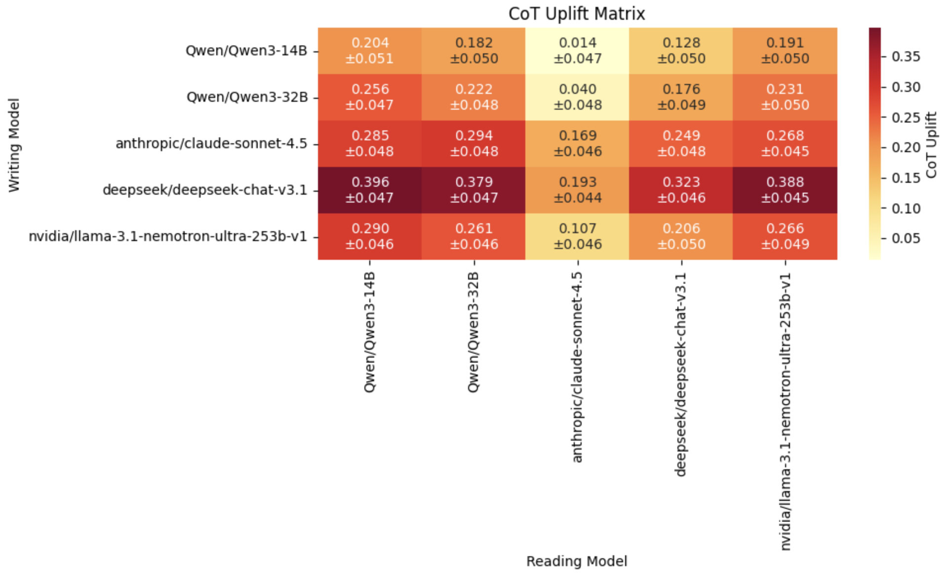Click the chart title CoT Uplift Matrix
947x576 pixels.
pos(577,13)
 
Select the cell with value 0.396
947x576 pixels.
pos(370,190)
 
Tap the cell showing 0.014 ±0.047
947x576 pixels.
pos(577,51)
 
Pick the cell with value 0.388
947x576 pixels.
pos(785,190)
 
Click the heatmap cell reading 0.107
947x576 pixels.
pos(577,236)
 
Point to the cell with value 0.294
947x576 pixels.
pos(473,143)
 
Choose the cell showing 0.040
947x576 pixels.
pos(577,97)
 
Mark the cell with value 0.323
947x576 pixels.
pos(681,190)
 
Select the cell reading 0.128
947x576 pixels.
pos(681,51)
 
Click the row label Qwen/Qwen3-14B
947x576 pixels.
pos(246,51)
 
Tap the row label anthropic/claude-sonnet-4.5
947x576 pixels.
pos(211,144)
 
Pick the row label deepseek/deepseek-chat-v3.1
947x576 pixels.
pos(205,190)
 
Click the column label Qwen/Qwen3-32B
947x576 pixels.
pos(473,332)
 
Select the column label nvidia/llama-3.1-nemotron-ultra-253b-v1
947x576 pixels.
pos(785,411)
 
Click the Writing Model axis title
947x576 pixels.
pos(14,145)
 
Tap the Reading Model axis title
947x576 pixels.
pos(577,561)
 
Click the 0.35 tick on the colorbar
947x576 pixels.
pos(906,57)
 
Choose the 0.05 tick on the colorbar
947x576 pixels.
pos(906,238)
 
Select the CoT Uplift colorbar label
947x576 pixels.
pos(931,145)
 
